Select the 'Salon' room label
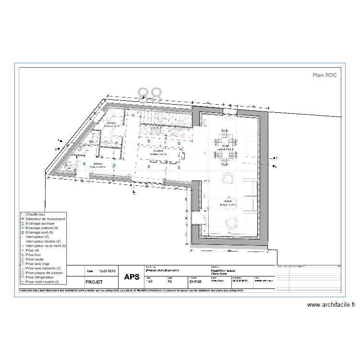point(228,202)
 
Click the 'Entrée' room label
point(97,164)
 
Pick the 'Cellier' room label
point(112,123)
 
